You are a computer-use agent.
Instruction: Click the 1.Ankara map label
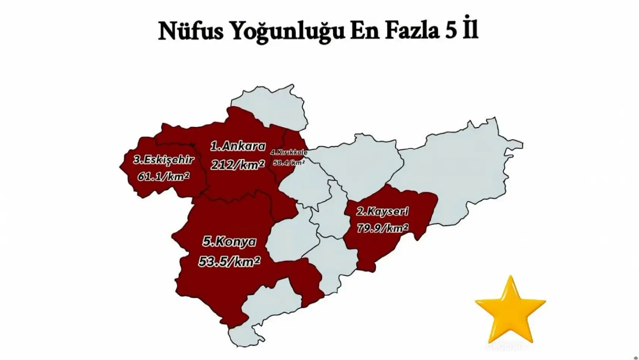coord(238,146)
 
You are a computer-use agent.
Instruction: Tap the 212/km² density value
coord(238,165)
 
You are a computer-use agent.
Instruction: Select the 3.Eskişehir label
coord(164,160)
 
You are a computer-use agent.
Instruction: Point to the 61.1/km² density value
coord(163,176)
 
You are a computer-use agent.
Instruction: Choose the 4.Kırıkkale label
coord(289,152)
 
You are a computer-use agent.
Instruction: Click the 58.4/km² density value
coord(289,163)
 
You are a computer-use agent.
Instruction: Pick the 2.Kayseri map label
coord(382,211)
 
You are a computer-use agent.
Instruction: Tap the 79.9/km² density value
coord(382,228)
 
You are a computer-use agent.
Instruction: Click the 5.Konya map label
coord(229,242)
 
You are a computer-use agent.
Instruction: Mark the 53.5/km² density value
coord(229,261)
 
